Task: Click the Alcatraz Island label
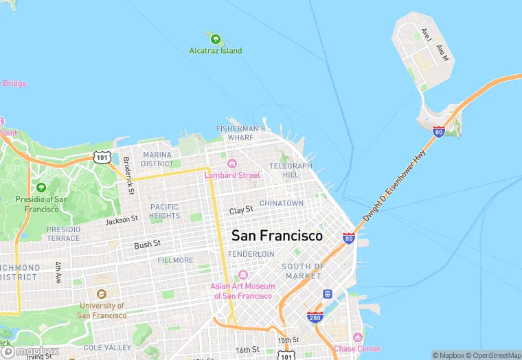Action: tap(216, 51)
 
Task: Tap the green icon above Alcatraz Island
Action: tap(216, 38)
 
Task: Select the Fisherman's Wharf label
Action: tap(240, 133)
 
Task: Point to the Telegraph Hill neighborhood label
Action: tap(291, 170)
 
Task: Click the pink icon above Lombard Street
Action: tap(232, 164)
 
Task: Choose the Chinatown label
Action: tap(281, 203)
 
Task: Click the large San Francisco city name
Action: tap(277, 236)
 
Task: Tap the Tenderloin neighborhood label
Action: tap(251, 254)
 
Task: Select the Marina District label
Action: tap(157, 159)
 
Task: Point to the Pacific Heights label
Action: tap(165, 211)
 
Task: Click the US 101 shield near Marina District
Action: tap(102, 157)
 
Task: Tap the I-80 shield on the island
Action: tap(438, 131)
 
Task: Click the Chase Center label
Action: tap(357, 348)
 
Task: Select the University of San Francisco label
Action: tap(102, 311)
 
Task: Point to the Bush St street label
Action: tap(147, 245)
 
